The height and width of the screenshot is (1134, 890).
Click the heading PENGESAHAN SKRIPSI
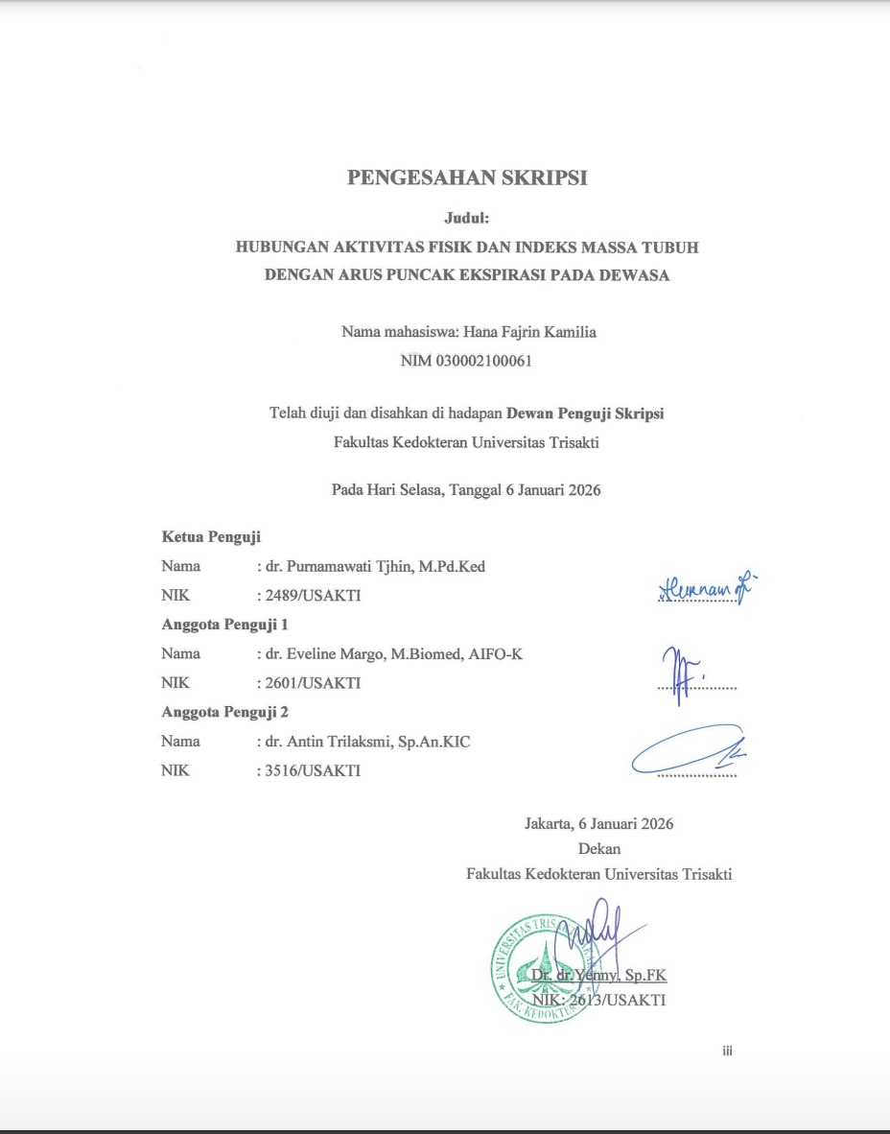[467, 177]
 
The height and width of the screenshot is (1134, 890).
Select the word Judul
[466, 218]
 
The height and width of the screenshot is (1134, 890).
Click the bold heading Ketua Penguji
[211, 537]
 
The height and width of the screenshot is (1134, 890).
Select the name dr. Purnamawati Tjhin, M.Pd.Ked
[376, 567]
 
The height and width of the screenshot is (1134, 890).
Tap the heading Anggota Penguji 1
[225, 625]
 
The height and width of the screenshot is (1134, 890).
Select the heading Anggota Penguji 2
[225, 712]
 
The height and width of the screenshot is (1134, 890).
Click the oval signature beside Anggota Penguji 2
[687, 750]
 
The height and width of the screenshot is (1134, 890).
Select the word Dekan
[599, 848]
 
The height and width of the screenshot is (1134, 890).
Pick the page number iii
[727, 1051]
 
